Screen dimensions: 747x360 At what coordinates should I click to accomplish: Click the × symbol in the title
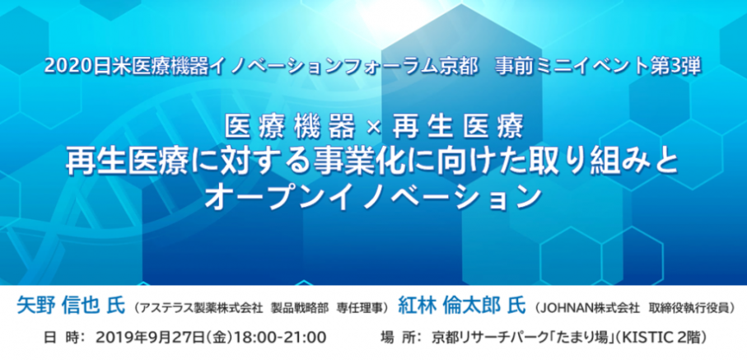click(x=374, y=128)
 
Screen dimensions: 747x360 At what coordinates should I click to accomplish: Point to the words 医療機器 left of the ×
click(x=290, y=128)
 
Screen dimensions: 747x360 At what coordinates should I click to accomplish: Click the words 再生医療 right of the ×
click(x=457, y=128)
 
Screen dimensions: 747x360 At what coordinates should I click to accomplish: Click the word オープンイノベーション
click(x=373, y=197)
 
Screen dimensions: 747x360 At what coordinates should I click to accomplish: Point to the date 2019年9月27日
click(x=151, y=338)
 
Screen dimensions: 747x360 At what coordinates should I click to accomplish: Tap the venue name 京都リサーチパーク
click(x=485, y=338)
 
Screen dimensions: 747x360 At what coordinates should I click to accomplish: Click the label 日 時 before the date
click(x=60, y=338)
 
